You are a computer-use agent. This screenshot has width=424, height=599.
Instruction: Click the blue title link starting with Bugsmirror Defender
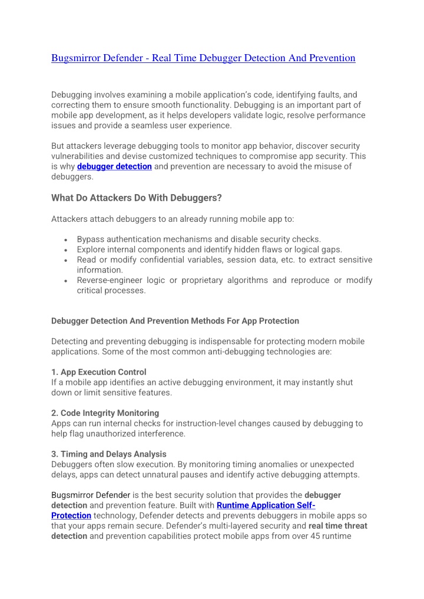point(203,58)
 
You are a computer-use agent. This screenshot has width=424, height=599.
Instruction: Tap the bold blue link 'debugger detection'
point(114,167)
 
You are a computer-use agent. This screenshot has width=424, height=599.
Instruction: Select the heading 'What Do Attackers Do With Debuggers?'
point(136,198)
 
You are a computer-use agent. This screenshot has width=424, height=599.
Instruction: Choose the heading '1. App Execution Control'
point(99,372)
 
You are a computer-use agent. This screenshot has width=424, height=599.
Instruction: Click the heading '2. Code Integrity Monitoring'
point(105,413)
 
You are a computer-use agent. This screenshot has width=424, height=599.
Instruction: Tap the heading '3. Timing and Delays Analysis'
point(108,454)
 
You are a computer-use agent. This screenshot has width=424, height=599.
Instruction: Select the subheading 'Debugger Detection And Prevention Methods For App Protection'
point(175,321)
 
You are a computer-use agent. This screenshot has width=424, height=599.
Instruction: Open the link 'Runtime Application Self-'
point(266,505)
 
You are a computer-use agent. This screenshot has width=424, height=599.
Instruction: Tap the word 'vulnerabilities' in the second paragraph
point(78,157)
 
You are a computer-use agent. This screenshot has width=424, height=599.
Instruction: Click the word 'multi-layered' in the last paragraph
point(238,526)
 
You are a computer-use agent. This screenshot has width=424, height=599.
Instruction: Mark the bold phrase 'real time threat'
point(338,526)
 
